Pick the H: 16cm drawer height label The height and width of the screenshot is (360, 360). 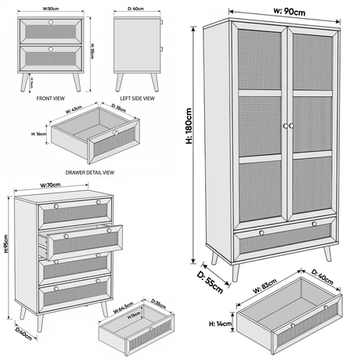(39, 135)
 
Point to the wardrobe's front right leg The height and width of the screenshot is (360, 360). (328, 254)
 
